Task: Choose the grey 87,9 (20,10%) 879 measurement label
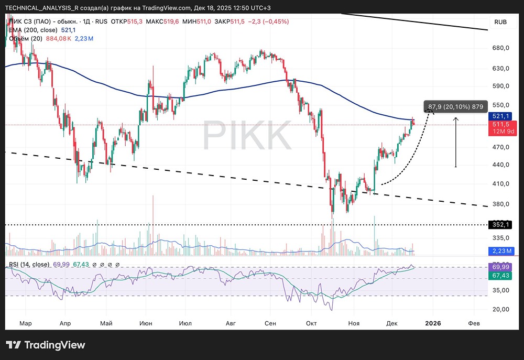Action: tap(455, 107)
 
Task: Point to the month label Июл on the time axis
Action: tap(185, 323)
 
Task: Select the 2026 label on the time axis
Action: tap(433, 323)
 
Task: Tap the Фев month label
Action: tap(473, 323)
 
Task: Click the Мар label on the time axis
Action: tap(25, 323)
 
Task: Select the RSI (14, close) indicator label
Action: tap(29, 264)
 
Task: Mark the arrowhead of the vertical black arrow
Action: tap(456, 119)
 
